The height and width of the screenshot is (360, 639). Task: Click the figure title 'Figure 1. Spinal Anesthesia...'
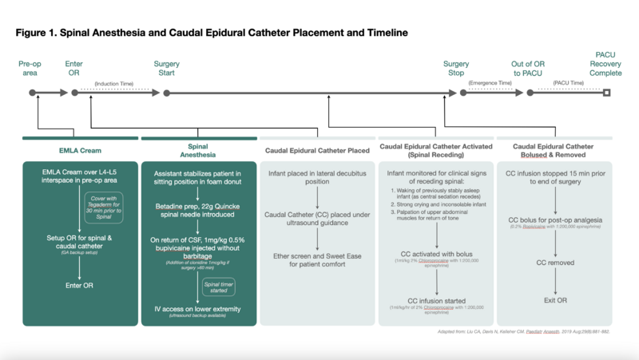point(212,33)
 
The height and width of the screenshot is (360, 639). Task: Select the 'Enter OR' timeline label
point(74,68)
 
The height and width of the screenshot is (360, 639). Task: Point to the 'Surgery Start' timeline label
point(167,68)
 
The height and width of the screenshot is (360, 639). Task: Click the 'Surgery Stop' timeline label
point(456,68)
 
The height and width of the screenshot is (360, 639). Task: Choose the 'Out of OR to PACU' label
point(528,68)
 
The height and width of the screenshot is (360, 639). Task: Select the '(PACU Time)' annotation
point(568,83)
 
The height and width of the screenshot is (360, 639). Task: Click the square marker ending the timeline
point(606,93)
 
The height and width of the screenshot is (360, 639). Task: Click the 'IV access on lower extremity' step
point(197,308)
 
